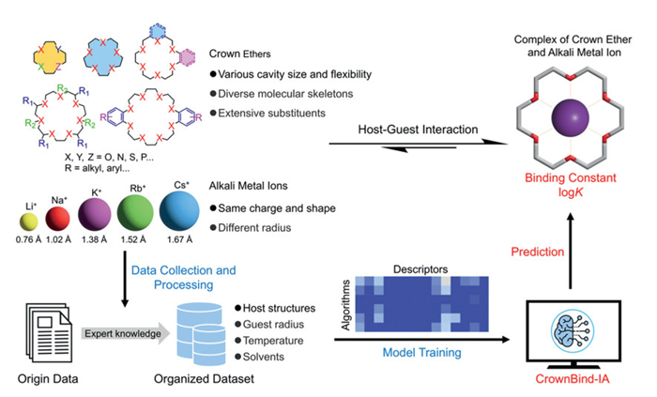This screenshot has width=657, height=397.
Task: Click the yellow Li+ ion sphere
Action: point(26,223)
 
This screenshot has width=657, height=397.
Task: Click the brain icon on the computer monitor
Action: point(571,327)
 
